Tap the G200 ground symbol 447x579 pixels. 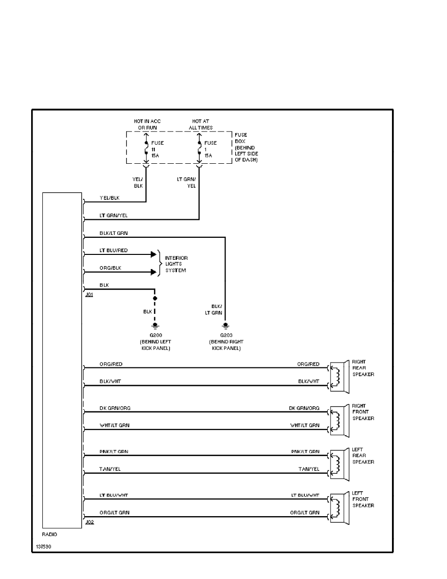[155, 325]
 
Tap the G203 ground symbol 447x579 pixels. [225, 325]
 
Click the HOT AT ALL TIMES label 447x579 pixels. [199, 124]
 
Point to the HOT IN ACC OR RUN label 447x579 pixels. [147, 124]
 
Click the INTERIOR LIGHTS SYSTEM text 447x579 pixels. [176, 264]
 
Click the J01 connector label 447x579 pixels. [89, 295]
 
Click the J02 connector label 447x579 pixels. [89, 522]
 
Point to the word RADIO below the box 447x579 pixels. [50, 534]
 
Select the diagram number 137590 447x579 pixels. [43, 546]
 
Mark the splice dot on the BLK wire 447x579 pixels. [155, 298]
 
